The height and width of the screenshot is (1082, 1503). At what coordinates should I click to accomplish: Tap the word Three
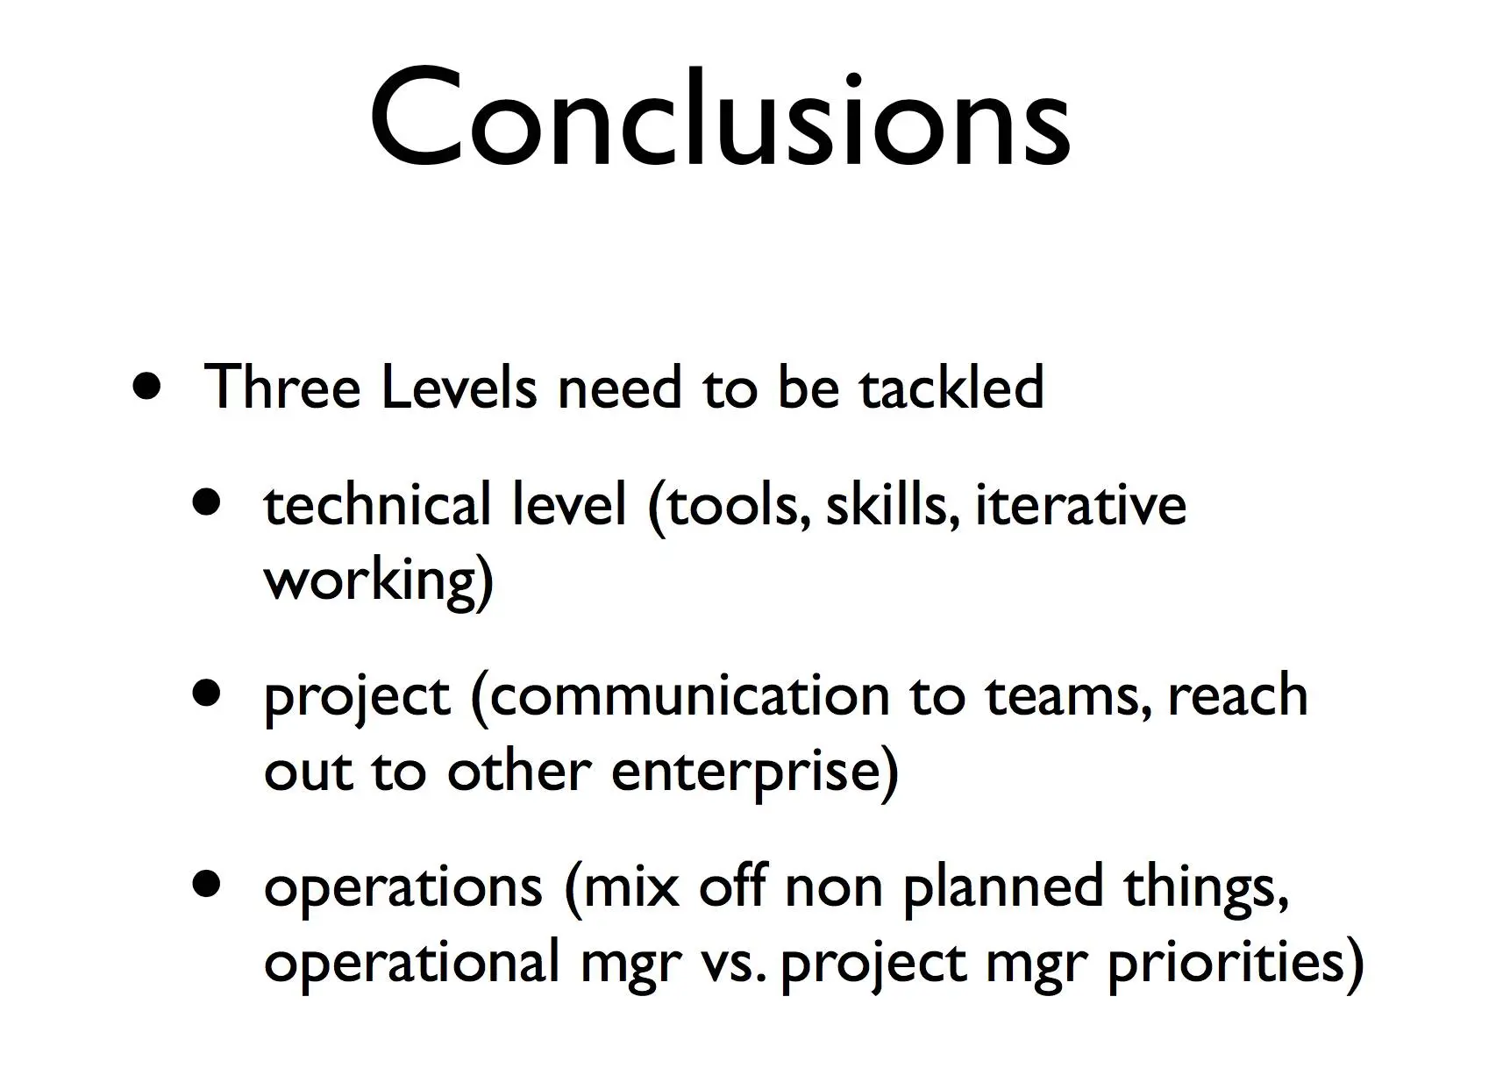[281, 386]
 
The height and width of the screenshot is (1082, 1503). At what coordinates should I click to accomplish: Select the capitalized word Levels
[459, 386]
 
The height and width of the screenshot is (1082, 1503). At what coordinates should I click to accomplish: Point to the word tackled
[951, 386]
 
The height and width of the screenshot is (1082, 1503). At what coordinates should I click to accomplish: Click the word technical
[377, 503]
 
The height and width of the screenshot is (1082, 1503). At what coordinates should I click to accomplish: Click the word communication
[690, 695]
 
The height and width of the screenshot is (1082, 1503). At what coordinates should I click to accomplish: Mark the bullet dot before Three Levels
[147, 386]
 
